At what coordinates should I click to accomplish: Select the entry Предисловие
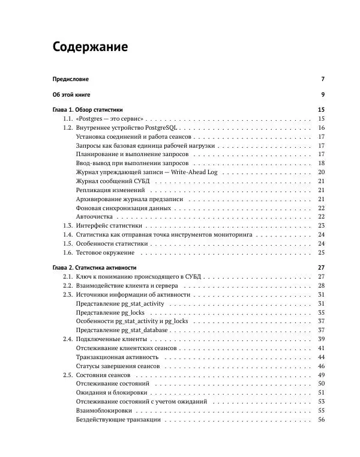70,79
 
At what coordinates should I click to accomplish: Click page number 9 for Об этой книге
322,95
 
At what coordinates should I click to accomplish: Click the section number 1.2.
68,128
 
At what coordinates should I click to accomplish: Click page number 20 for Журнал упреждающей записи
321,172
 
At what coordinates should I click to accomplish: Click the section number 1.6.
68,252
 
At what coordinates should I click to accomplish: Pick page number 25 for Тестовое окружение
321,252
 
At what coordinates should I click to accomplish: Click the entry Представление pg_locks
111,313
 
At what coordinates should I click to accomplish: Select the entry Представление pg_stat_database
122,330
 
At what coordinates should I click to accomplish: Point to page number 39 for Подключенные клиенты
321,339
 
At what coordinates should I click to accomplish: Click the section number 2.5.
68,375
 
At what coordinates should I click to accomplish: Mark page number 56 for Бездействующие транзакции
321,419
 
